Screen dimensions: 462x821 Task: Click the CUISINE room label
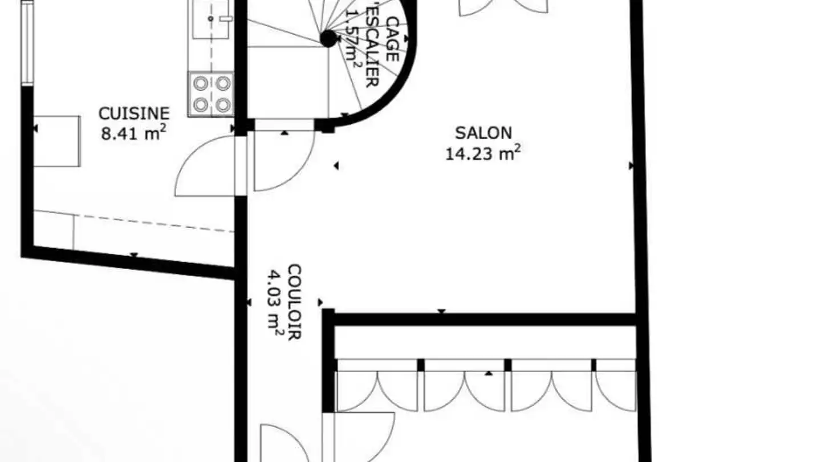coord(134,113)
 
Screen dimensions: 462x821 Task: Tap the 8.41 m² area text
coord(134,135)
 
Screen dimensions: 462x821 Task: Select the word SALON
coord(483,133)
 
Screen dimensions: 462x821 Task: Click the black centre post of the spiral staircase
coord(328,39)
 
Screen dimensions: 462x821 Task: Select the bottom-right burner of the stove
coord(223,105)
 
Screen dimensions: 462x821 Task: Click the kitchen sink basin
coord(210,19)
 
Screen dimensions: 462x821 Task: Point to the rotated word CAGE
coord(392,38)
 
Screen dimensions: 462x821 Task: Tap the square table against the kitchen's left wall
coord(57,141)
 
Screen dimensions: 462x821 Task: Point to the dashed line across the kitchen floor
coord(154,222)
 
